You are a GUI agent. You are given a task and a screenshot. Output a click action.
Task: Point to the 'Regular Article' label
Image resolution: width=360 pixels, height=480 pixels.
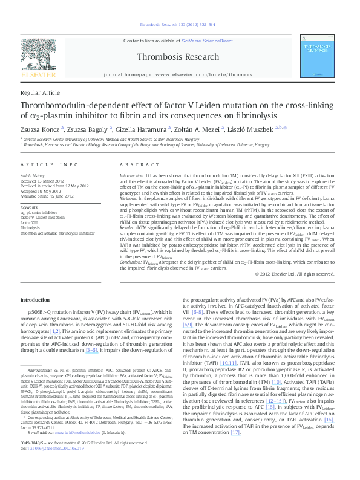[x=40, y=93]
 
